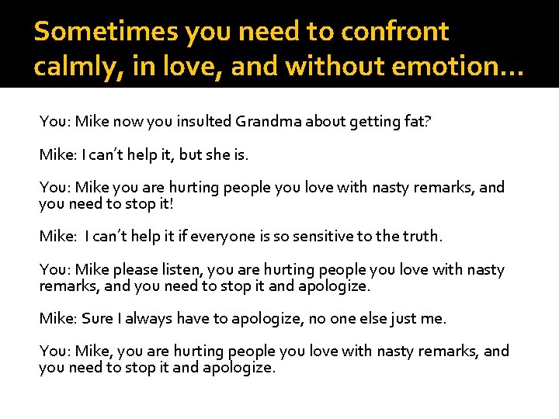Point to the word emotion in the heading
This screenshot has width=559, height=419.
[459, 67]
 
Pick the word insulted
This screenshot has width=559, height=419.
[205, 121]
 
